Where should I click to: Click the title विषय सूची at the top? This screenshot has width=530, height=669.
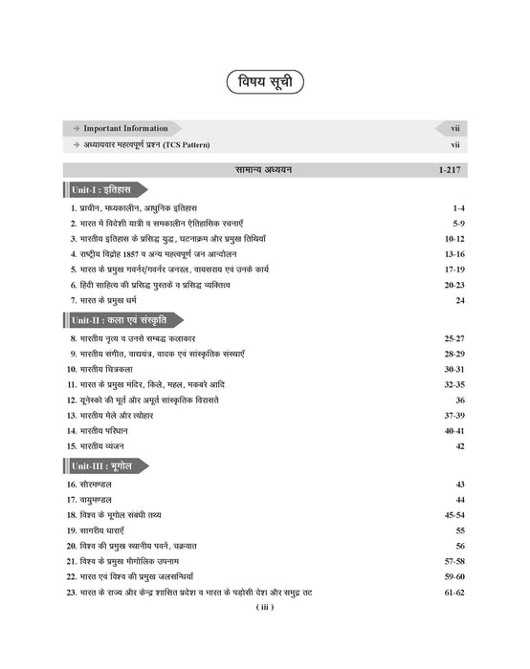point(265,82)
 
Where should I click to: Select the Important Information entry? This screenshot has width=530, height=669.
point(124,127)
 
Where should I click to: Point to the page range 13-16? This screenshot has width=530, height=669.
point(452,254)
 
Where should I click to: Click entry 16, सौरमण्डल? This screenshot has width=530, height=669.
point(99,485)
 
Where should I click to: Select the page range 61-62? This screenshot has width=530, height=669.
point(452,593)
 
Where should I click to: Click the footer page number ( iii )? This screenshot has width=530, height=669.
point(265,608)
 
